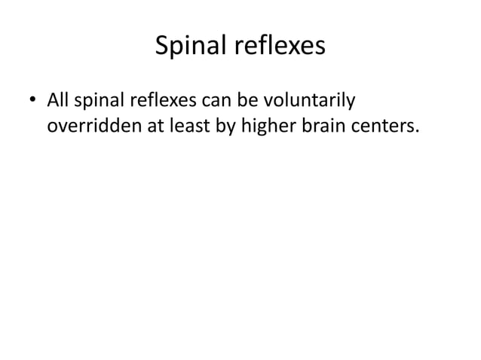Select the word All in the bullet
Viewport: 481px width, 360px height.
[58, 99]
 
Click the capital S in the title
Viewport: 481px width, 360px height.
[161, 47]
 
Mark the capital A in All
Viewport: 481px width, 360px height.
[51, 99]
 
